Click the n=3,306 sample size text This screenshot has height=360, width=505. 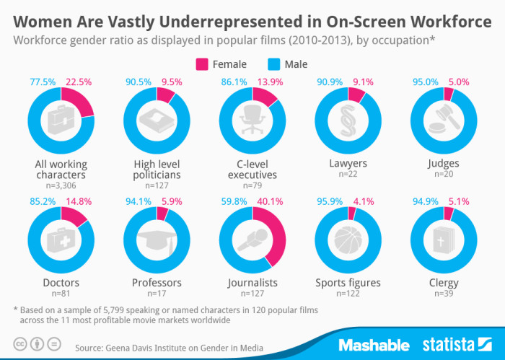tap(61, 185)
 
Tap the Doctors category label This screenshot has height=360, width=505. tap(61, 283)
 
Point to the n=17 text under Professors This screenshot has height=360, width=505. tap(157, 294)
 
